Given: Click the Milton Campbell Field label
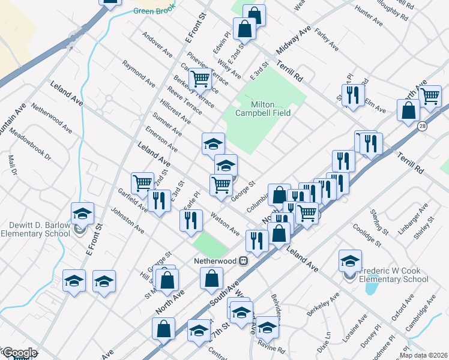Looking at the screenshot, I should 263,109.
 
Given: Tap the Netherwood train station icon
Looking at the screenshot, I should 244,261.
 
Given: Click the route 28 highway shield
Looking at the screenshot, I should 423,126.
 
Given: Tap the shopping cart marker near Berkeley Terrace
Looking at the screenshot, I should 200,78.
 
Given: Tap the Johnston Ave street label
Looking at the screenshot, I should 126,221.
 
